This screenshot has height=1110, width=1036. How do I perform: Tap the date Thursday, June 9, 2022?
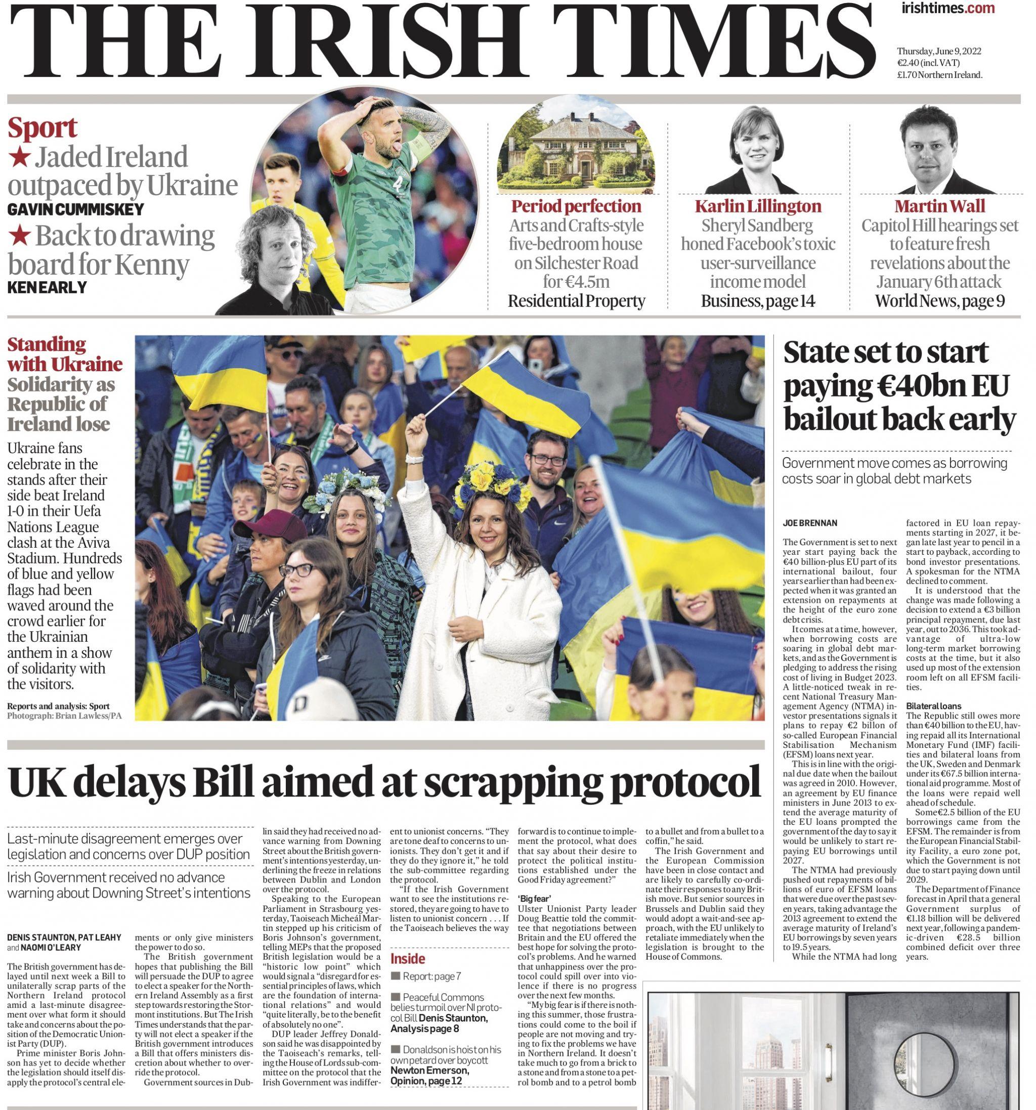click(x=939, y=52)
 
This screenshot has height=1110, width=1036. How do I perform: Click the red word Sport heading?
click(x=42, y=128)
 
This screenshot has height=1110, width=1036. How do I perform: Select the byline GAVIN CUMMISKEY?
click(x=75, y=209)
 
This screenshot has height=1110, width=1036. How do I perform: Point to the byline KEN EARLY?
click(x=47, y=287)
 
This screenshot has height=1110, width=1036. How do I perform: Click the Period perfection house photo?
click(x=576, y=146)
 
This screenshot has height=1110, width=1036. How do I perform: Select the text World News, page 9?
click(x=939, y=301)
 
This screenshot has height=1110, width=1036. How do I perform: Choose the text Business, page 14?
click(x=758, y=301)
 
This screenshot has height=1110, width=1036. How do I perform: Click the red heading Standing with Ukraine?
click(x=64, y=354)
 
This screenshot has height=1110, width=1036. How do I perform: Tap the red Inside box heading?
click(x=407, y=958)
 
